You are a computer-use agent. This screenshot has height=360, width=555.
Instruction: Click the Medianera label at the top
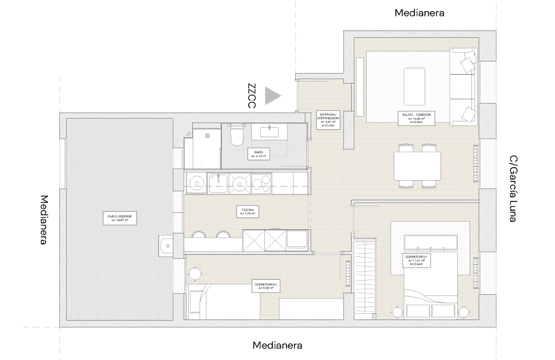(419, 13)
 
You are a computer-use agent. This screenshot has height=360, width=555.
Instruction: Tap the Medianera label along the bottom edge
(277, 345)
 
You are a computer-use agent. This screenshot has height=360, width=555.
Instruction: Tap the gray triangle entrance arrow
(272, 96)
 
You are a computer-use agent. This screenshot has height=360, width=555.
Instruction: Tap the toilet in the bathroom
(237, 135)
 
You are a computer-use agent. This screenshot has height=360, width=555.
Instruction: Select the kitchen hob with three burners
(261, 183)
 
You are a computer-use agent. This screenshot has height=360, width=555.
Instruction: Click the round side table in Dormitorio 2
(194, 274)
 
